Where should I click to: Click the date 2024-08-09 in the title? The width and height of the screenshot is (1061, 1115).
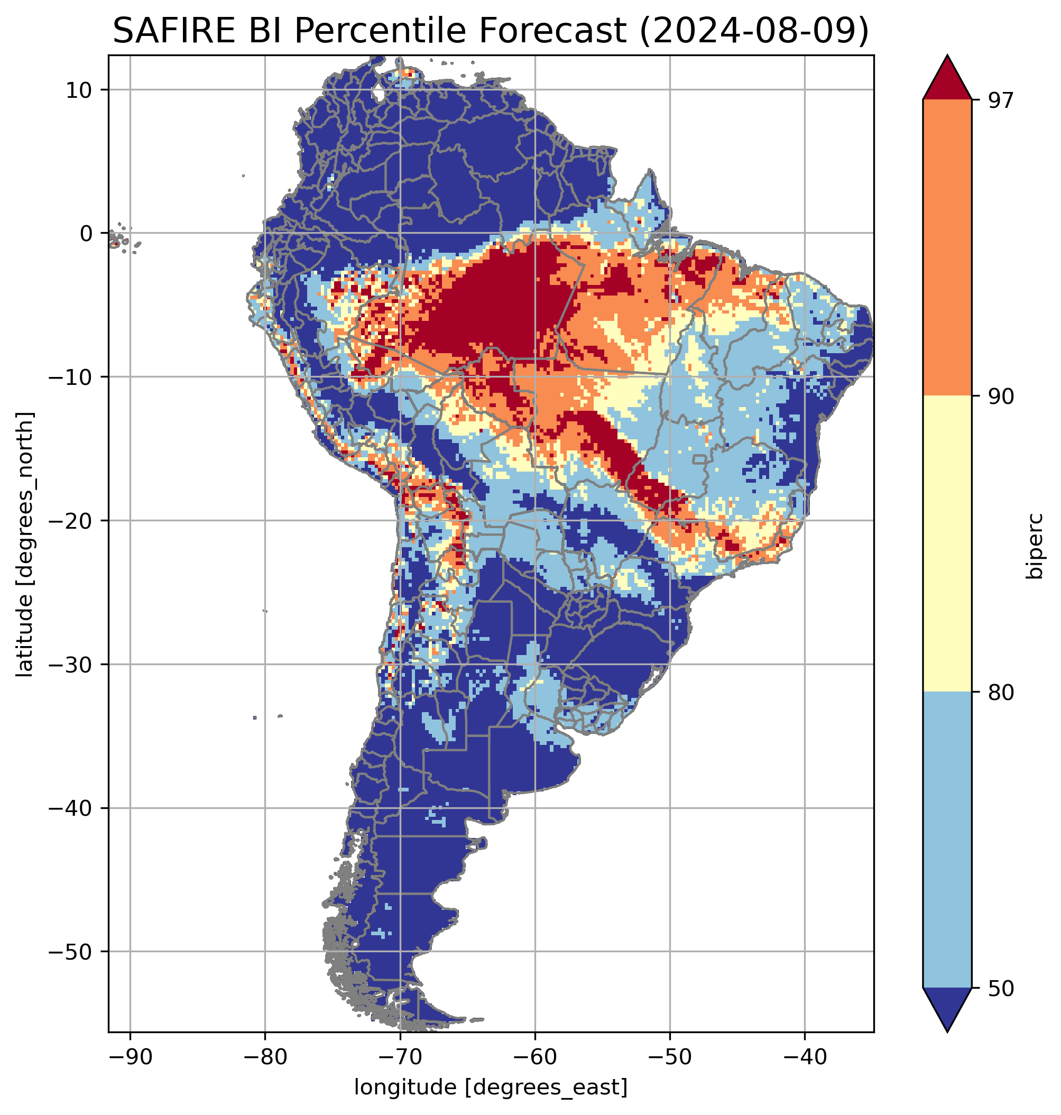[753, 31]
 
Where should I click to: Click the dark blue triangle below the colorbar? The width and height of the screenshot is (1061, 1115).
[947, 1007]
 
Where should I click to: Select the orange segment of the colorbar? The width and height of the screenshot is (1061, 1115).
[947, 248]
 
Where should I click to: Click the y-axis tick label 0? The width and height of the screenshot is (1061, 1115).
[86, 234]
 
